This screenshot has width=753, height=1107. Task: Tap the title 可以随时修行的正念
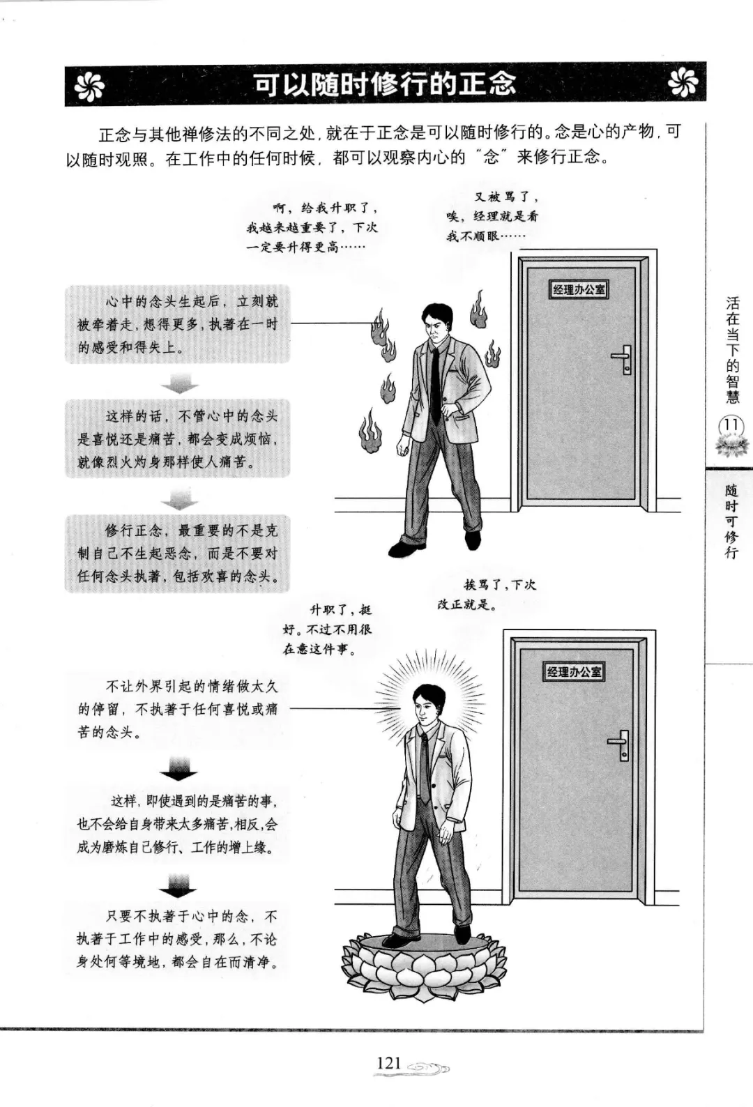pos(386,84)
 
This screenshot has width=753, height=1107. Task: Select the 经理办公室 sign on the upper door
pos(579,289)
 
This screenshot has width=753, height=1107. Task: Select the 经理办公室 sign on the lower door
pos(575,671)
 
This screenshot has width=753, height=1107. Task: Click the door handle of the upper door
pos(623,359)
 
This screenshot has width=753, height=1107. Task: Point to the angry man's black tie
pos(434,385)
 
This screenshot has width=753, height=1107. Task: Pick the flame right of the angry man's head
pos(478,310)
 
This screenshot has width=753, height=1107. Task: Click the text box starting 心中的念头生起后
pos(177,324)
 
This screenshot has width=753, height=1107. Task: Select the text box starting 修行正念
pos(177,553)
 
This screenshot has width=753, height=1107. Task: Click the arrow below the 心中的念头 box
pos(179,383)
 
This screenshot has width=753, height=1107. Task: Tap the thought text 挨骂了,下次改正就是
pos(487,595)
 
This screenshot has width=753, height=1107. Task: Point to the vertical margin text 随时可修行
pos(731,521)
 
